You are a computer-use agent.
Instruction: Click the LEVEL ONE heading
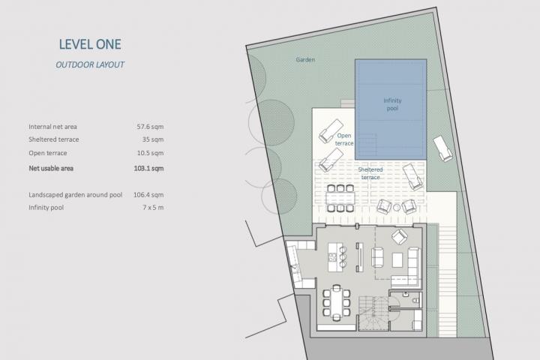[x=90, y=44]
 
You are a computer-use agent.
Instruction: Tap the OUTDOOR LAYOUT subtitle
[x=90, y=64]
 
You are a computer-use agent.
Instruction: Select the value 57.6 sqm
[x=150, y=127]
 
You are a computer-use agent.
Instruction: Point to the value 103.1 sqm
[x=148, y=169]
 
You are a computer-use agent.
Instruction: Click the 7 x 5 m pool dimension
[x=153, y=208]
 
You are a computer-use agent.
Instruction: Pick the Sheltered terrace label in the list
[x=54, y=139]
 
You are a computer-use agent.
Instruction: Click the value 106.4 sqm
[x=148, y=195]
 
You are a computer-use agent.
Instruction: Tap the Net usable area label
[x=51, y=169]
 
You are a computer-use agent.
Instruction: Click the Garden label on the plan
[x=305, y=59]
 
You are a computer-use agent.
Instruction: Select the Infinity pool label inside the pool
[x=392, y=104]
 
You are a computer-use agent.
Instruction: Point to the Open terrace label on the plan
[x=344, y=139]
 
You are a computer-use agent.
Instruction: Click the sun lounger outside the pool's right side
[x=443, y=148]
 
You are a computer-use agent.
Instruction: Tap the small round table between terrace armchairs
[x=397, y=208]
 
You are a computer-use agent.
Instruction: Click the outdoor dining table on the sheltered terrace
[x=340, y=198]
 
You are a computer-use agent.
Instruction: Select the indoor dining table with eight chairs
[x=337, y=303]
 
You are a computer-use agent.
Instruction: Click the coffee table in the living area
[x=397, y=259]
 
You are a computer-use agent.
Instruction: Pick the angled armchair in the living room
[x=400, y=237]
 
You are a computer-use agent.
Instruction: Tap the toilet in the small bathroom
[x=416, y=301]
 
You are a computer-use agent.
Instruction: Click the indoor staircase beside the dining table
[x=373, y=313]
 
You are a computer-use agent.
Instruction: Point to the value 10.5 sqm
[x=150, y=153]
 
